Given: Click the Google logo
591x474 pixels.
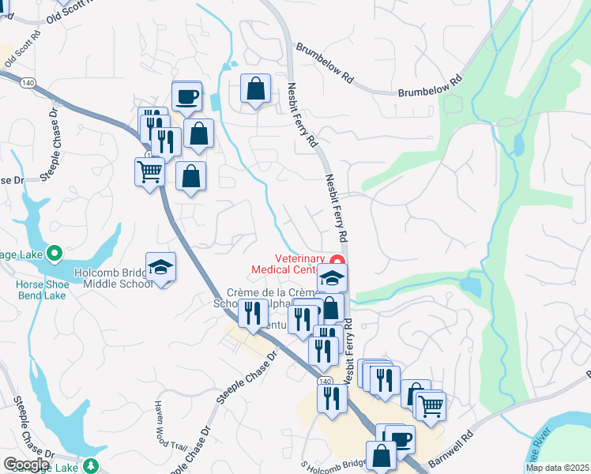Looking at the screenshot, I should pyautogui.click(x=26, y=465).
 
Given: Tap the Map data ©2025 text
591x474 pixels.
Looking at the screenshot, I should pyautogui.click(x=557, y=468).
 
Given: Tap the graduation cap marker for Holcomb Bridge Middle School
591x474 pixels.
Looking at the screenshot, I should pyautogui.click(x=160, y=267).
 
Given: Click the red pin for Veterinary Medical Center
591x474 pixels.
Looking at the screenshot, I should pyautogui.click(x=337, y=261).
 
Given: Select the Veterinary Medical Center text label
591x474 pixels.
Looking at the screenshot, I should pyautogui.click(x=288, y=264).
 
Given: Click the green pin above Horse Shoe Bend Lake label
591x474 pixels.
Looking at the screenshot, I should pyautogui.click(x=55, y=254).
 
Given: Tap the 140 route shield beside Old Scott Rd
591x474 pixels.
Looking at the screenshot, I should pyautogui.click(x=29, y=82).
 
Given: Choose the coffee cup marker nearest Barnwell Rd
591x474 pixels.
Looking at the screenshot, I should pyautogui.click(x=401, y=439).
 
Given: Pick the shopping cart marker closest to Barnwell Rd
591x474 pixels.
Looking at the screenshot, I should pyautogui.click(x=430, y=406).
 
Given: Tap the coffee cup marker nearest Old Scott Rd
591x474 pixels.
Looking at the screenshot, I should pyautogui.click(x=186, y=96).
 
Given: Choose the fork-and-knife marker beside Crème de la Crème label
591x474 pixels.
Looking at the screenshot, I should pyautogui.click(x=252, y=314).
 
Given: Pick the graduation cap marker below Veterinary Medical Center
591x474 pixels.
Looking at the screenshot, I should pyautogui.click(x=333, y=278).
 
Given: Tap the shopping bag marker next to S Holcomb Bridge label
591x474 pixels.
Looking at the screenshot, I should pyautogui.click(x=381, y=456).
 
